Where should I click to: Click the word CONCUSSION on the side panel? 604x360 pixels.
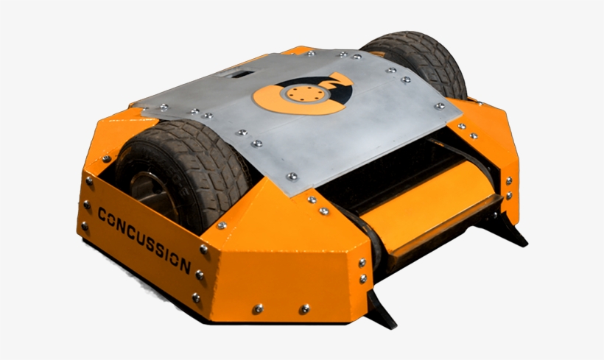click(x=144, y=238)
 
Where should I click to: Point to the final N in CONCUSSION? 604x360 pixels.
click(x=187, y=266)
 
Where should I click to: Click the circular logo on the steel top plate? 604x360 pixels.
click(x=299, y=96)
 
